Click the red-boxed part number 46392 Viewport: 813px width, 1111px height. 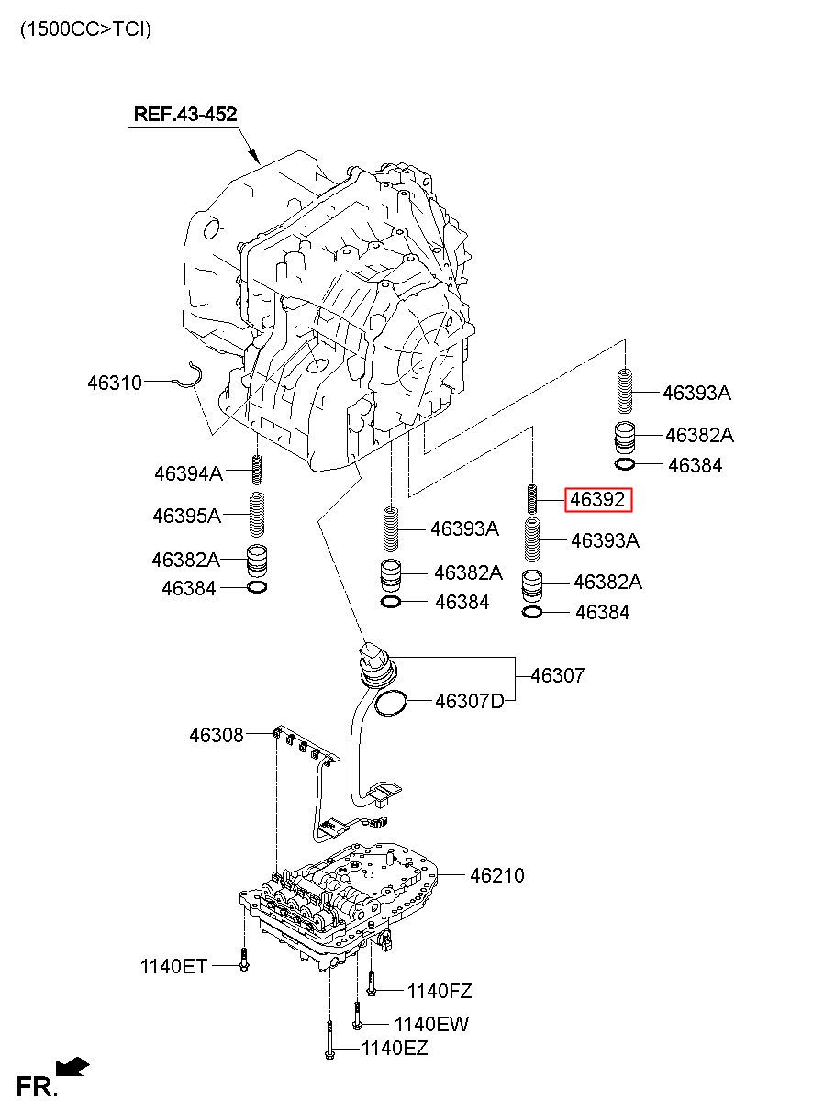[597, 499]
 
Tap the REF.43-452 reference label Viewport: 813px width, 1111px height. [185, 114]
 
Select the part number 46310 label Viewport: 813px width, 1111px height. [115, 383]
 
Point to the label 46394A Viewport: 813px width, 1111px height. [188, 473]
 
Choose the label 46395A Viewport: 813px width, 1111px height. [186, 516]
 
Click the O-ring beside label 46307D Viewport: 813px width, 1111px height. [391, 703]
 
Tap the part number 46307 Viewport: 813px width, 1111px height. [558, 675]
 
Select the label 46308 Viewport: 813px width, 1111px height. [217, 735]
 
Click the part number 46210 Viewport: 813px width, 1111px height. [497, 875]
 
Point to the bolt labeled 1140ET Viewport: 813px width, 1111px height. [243, 960]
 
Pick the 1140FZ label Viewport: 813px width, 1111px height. [440, 991]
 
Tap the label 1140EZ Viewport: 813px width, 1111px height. [395, 1048]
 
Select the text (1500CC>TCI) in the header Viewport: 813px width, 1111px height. [86, 29]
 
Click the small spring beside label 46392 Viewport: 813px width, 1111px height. [531, 499]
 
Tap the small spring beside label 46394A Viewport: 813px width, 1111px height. [256, 470]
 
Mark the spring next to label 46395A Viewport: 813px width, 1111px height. [256, 515]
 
